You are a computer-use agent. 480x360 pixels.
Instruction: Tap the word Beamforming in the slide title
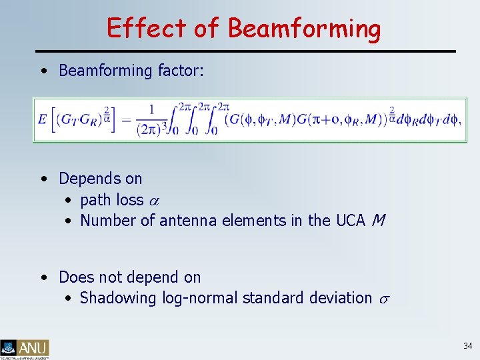click(x=304, y=29)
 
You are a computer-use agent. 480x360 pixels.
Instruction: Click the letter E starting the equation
click(x=43, y=120)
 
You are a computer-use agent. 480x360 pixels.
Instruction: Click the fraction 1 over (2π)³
click(x=151, y=121)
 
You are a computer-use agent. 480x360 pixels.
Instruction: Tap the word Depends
click(x=100, y=179)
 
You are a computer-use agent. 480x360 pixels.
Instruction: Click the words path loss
click(x=111, y=200)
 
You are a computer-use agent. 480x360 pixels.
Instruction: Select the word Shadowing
click(x=118, y=298)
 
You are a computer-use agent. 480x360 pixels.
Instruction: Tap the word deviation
click(x=339, y=298)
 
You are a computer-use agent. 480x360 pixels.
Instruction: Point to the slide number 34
click(x=467, y=346)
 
